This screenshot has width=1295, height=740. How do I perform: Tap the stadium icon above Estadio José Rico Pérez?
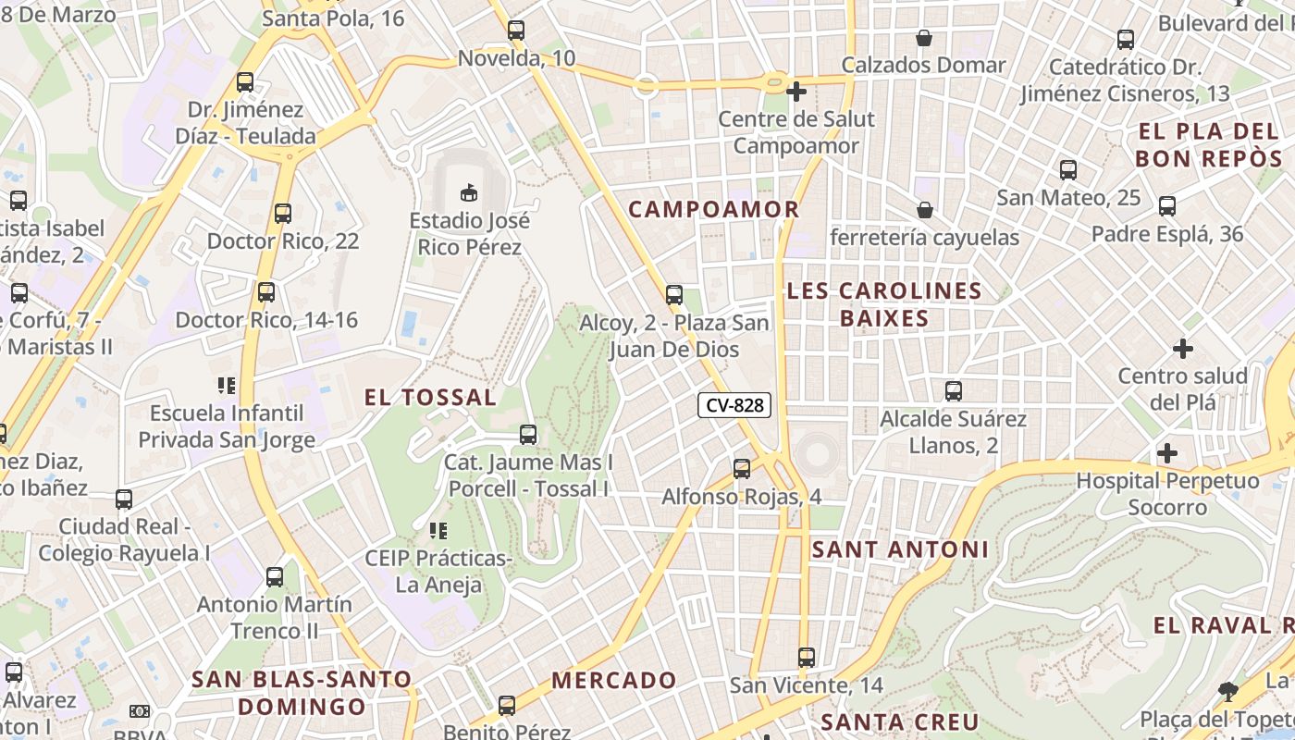pyautogui.click(x=469, y=192)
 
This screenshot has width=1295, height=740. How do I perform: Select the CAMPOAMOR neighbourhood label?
pyautogui.click(x=713, y=209)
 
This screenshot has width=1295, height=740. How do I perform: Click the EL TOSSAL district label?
pyautogui.click(x=430, y=398)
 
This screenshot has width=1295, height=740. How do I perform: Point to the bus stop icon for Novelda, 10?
pyautogui.click(x=516, y=31)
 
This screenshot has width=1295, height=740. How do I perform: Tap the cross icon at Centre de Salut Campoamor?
pyautogui.click(x=795, y=92)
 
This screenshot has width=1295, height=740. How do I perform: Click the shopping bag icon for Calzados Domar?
pyautogui.click(x=923, y=38)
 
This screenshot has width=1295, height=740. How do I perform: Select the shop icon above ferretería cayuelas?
pyautogui.click(x=924, y=210)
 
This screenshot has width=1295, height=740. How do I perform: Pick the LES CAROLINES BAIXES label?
pyautogui.click(x=884, y=304)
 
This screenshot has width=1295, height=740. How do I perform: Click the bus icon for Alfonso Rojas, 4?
pyautogui.click(x=742, y=469)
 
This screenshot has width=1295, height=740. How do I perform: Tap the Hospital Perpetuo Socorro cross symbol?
pyautogui.click(x=1167, y=453)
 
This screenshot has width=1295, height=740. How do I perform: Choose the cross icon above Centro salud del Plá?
pyautogui.click(x=1182, y=349)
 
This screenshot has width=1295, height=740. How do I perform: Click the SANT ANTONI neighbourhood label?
pyautogui.click(x=900, y=549)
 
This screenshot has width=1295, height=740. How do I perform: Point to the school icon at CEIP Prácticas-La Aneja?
pyautogui.click(x=438, y=531)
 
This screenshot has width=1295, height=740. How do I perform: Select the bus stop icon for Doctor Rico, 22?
pyautogui.click(x=283, y=214)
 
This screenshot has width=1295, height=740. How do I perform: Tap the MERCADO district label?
pyautogui.click(x=614, y=680)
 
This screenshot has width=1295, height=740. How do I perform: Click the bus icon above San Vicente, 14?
pyautogui.click(x=807, y=658)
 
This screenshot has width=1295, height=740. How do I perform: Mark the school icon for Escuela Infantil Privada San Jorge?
pyautogui.click(x=227, y=385)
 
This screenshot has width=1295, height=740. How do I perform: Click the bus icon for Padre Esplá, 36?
pyautogui.click(x=1167, y=206)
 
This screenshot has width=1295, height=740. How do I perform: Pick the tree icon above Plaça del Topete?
pyautogui.click(x=1227, y=691)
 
